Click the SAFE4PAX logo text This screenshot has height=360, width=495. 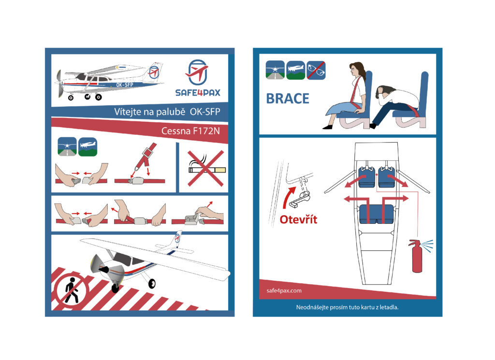[198, 92]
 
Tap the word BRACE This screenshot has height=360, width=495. [288, 99]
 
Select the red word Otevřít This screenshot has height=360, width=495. [298, 219]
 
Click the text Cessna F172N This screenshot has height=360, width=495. [190, 131]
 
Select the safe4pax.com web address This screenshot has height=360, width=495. [284, 290]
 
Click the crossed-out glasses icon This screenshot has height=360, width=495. [316, 70]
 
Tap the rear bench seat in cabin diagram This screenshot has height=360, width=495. [377, 214]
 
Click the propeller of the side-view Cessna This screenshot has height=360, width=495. [59, 83]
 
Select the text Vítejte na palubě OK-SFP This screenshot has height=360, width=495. [167, 112]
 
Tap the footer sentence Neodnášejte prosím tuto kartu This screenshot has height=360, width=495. [347, 307]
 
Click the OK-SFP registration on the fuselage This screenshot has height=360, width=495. [125, 85]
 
